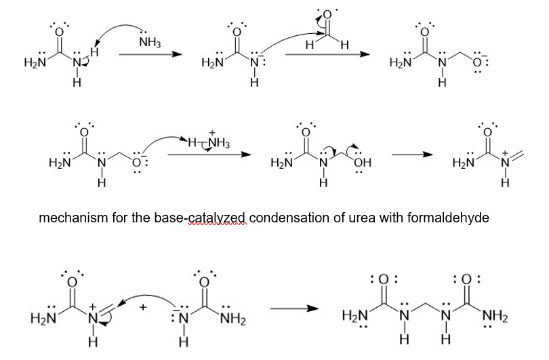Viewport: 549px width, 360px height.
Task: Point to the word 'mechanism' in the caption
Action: pyautogui.click(x=70, y=218)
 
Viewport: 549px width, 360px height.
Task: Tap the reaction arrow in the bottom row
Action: pyautogui.click(x=294, y=309)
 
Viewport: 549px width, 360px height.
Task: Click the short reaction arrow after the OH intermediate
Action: pyautogui.click(x=413, y=155)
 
